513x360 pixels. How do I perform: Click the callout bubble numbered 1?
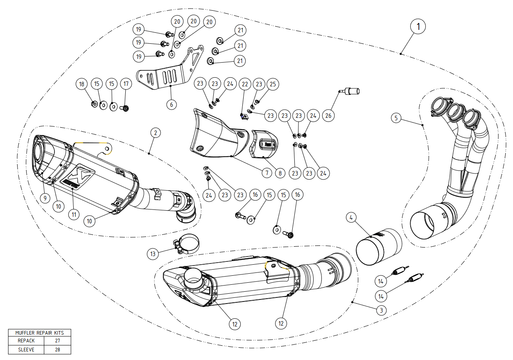(x=418, y=27)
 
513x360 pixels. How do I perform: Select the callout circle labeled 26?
(x=328, y=115)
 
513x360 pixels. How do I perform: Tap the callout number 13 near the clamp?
(x=153, y=254)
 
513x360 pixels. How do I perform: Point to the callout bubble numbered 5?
(x=395, y=118)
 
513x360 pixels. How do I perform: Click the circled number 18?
(x=81, y=84)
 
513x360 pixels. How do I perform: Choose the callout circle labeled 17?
(x=126, y=84)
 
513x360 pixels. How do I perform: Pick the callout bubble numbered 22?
(x=245, y=84)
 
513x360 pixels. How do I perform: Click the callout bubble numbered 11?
(x=73, y=214)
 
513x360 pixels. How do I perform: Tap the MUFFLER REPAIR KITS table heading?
(x=39, y=333)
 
